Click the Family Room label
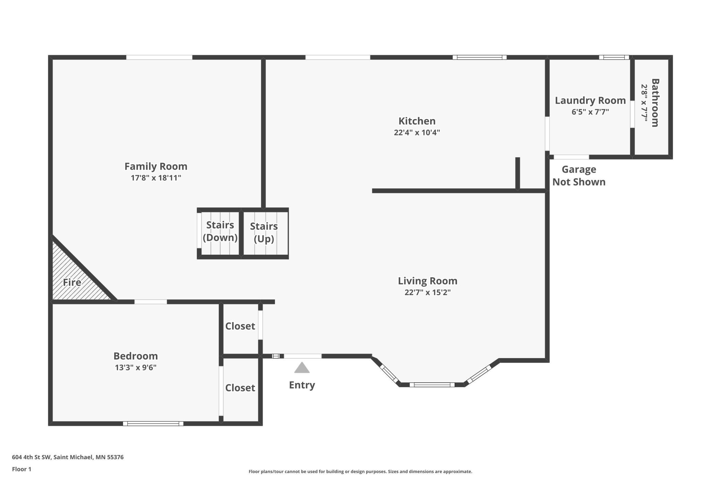(156, 166)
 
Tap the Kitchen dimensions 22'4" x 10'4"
(417, 132)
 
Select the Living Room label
(427, 281)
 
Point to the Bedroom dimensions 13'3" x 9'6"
(136, 367)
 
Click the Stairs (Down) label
(220, 231)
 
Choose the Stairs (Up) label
(264, 232)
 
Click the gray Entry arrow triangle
(302, 368)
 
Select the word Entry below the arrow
(302, 385)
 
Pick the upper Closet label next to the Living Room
(240, 326)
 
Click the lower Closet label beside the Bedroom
(240, 388)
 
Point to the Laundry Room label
(590, 100)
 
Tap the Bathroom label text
(655, 103)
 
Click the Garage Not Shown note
(579, 176)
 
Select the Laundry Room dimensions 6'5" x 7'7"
(590, 112)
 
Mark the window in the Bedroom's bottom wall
(153, 423)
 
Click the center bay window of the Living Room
(432, 385)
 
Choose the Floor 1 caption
(21, 469)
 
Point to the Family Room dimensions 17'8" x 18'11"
(156, 178)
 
